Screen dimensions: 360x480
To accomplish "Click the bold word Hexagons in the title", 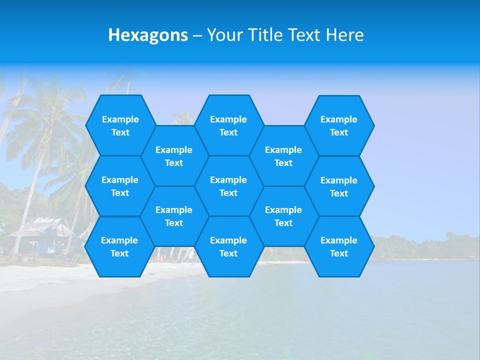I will (148, 35).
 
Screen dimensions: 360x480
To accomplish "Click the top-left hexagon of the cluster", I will (120, 125).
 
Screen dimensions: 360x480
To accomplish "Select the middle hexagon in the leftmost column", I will (120, 186).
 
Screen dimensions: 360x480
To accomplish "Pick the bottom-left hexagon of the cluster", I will (119, 246).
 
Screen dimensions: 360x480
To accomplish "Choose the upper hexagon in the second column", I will (174, 156).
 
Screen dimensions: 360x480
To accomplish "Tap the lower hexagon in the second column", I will (174, 216).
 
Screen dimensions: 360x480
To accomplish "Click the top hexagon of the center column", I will (228, 125).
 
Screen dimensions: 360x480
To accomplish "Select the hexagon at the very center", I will (228, 186).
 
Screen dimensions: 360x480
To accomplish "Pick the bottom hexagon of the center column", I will (228, 246).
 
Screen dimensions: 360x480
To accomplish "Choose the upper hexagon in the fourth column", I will (283, 156).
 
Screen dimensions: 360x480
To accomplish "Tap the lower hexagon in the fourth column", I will (283, 216).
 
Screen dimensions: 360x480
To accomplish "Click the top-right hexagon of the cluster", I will (339, 125).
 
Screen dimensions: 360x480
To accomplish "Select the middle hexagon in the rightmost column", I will (339, 186).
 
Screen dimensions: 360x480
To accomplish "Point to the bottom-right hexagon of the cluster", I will (339, 246).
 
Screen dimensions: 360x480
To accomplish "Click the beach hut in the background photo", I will (42, 232).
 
